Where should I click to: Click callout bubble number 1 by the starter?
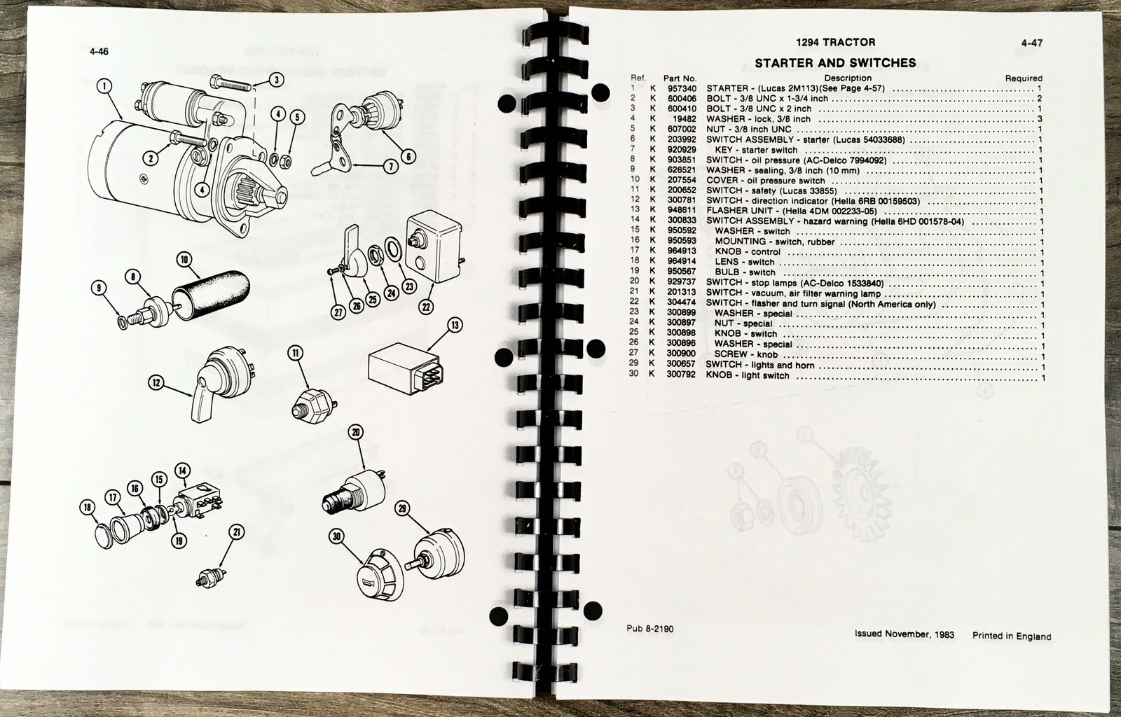tap(104, 87)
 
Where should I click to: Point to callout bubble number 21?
tap(238, 532)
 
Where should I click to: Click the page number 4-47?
tap(1032, 43)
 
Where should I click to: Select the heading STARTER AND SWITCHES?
tap(835, 63)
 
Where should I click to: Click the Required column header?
tap(1023, 78)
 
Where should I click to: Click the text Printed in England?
tap(1011, 636)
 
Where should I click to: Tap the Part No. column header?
tap(679, 78)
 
